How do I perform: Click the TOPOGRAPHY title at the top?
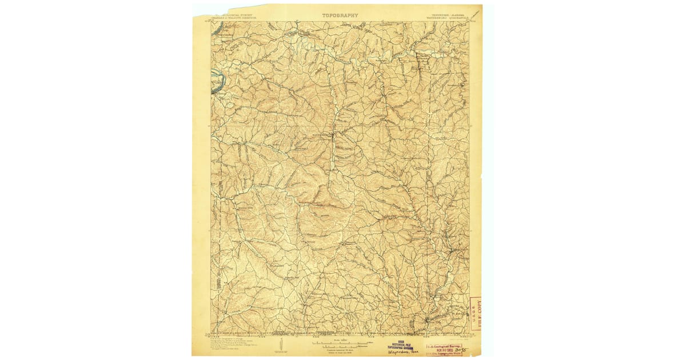[x=340, y=15]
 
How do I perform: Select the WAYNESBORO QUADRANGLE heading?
[x=447, y=18]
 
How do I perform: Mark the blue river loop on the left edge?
[x=216, y=82]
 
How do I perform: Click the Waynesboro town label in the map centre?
[x=322, y=135]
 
